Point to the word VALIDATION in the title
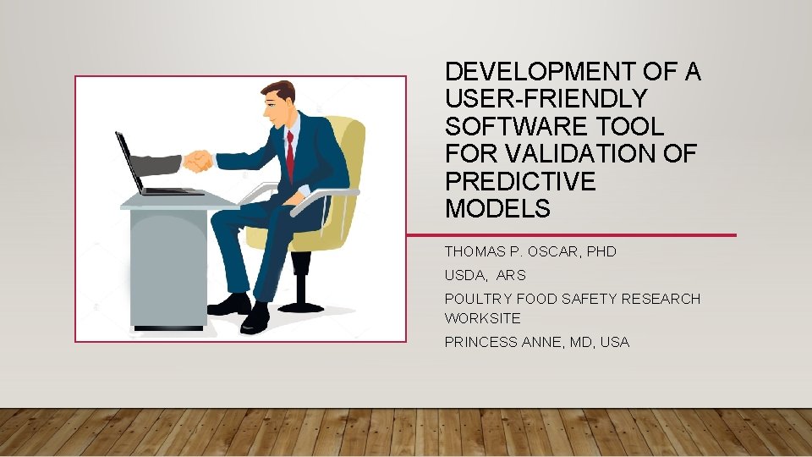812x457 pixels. (600, 154)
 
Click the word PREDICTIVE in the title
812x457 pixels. (520, 181)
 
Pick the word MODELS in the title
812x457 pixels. (497, 208)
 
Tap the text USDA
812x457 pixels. (462, 275)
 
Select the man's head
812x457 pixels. (279, 102)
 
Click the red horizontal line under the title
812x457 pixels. (571, 235)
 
